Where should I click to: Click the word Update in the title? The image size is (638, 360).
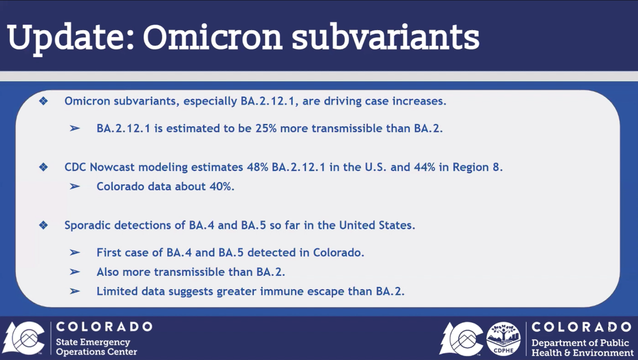pos(70,38)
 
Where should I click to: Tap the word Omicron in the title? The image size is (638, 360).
pos(213,37)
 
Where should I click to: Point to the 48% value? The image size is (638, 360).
pos(257,167)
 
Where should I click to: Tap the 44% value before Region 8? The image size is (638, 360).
pos(424,167)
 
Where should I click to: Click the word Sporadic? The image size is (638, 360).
pos(87,225)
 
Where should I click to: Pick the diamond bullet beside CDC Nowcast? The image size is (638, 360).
pos(44,167)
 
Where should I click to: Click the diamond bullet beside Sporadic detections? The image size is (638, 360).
pos(44,225)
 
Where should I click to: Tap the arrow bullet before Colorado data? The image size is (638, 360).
pos(74,187)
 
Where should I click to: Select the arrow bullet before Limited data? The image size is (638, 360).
pos(74,291)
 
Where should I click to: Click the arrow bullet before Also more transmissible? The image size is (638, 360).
pos(74,272)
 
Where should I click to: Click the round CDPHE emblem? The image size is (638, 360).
pos(503,339)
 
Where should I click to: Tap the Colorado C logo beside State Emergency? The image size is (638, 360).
pos(24,338)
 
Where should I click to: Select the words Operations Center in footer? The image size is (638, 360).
pos(96,352)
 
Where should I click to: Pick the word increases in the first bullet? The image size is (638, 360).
pos(419,101)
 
